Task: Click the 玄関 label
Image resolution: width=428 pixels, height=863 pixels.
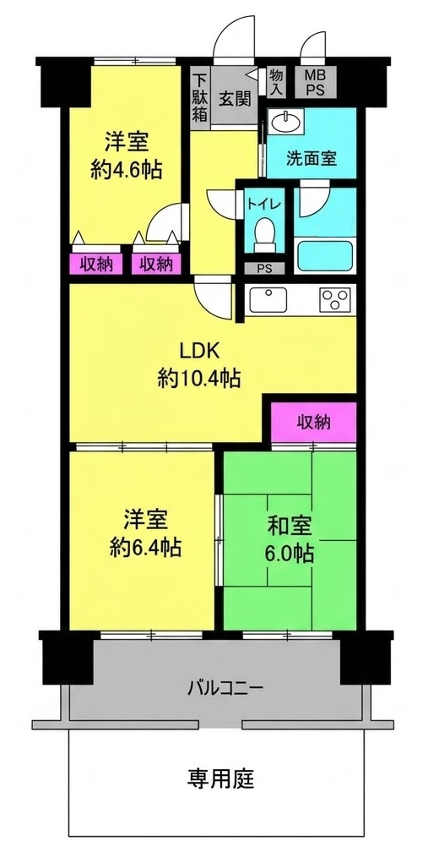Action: pos(236,99)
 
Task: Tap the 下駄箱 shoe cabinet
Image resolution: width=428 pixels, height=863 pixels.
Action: pos(200,98)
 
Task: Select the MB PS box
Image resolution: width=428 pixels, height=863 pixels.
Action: pos(316,83)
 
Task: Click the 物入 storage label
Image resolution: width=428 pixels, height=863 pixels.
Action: pos(277,82)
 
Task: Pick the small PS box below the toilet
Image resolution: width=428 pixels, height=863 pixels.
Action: pos(265,269)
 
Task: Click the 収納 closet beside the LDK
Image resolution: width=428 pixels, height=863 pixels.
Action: pos(314,422)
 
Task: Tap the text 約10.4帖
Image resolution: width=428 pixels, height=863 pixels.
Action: pos(199,379)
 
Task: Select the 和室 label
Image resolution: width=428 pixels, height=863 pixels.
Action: pos(290,526)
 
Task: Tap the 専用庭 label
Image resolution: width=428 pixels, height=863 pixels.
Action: pos(221,778)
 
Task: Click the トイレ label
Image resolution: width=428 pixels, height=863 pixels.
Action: pos(265,204)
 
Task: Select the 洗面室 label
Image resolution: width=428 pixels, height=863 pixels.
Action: pos(311,159)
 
